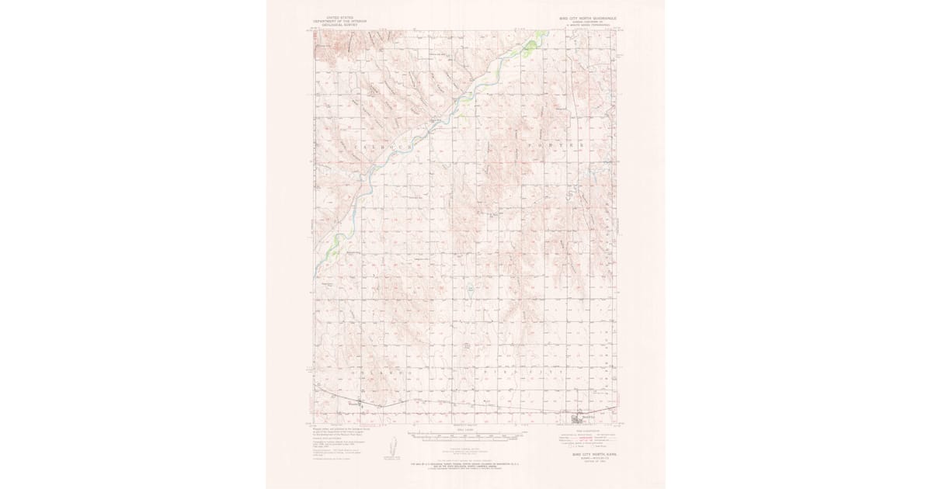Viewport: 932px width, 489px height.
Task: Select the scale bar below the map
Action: [466, 436]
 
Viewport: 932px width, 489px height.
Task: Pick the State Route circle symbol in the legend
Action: [595, 446]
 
